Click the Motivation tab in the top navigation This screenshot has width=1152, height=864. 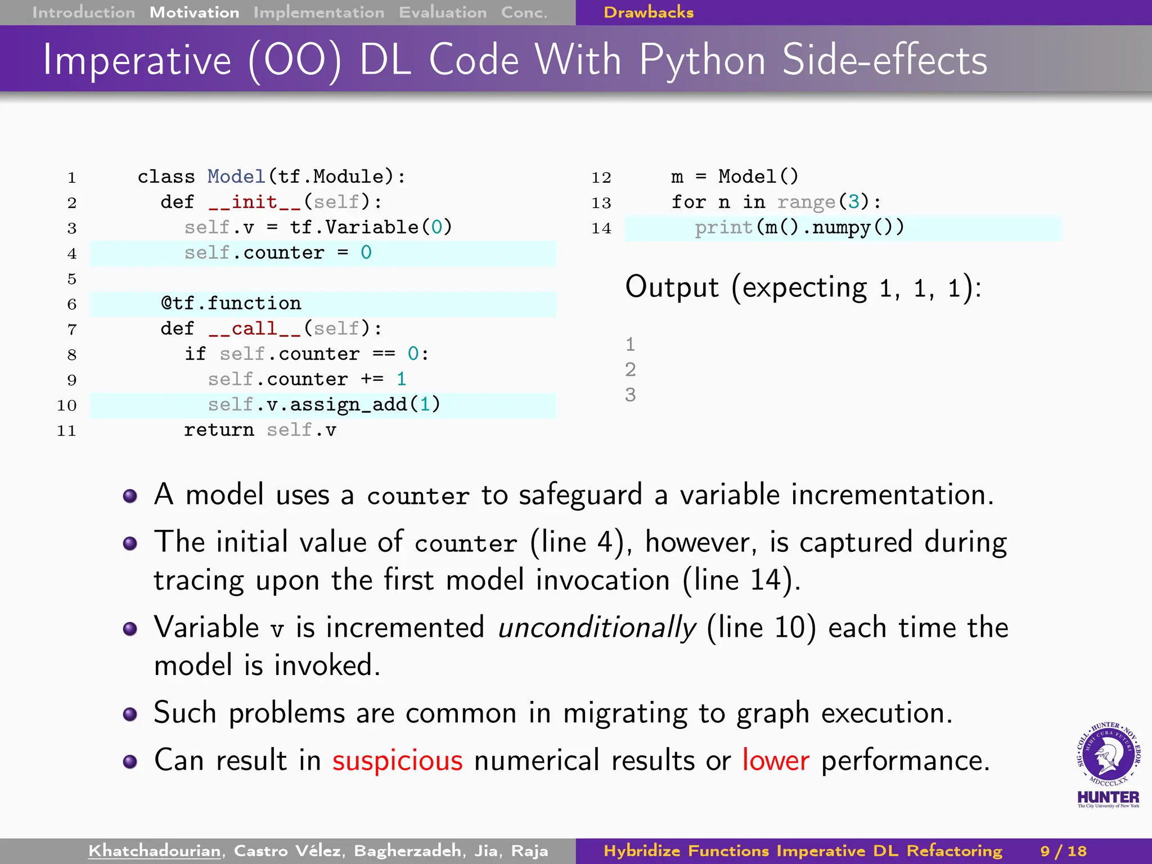(x=194, y=12)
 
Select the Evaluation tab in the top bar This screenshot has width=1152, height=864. (x=443, y=12)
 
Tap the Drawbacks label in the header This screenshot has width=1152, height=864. (x=648, y=12)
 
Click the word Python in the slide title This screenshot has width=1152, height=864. (x=703, y=61)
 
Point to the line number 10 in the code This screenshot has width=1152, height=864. (x=66, y=406)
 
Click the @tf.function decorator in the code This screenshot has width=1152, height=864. (x=231, y=304)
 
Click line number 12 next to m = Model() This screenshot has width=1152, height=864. (x=601, y=178)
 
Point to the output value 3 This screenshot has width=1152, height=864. (x=630, y=395)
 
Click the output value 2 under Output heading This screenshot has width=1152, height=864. (x=630, y=370)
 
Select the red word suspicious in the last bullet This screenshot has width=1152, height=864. (x=397, y=760)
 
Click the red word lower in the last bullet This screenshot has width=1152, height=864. (x=776, y=760)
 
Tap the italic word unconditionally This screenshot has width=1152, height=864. (x=596, y=628)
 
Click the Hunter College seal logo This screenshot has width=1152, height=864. (x=1108, y=757)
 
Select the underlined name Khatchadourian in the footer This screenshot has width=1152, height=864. (x=154, y=851)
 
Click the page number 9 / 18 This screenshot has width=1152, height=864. (x=1063, y=851)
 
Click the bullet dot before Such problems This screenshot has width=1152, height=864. (x=130, y=714)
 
